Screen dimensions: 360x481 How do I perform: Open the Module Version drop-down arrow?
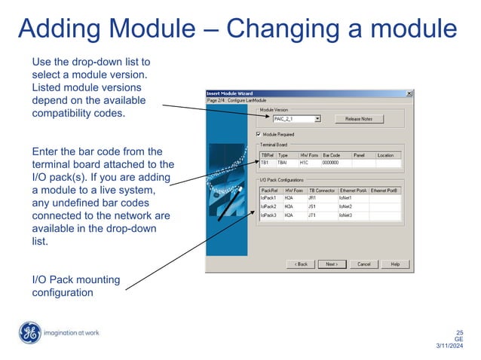point(318,118)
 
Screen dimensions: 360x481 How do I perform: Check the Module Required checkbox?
point(259,133)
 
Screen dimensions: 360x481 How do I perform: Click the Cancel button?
point(363,264)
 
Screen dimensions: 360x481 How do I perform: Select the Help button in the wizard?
point(395,264)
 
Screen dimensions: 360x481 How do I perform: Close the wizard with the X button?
point(409,93)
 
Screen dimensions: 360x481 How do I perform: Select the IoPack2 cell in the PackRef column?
point(269,206)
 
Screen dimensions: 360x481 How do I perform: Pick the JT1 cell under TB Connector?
point(312,215)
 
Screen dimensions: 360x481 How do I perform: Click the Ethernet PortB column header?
point(384,191)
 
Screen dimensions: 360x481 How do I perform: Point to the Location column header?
point(385,155)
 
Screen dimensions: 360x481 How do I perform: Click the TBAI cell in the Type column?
point(283,162)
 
